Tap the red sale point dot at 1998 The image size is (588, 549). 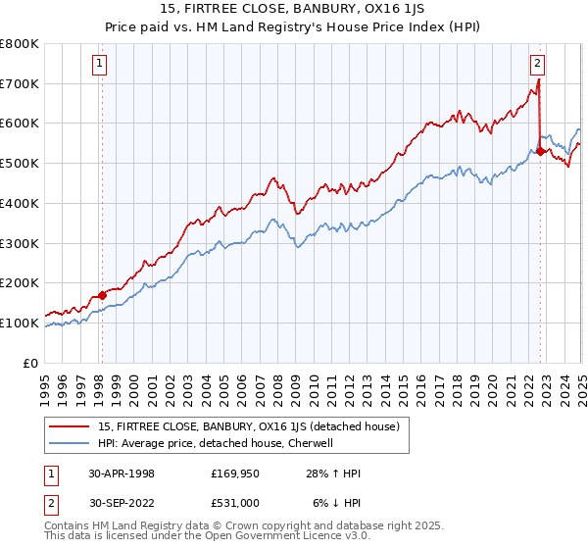point(102,294)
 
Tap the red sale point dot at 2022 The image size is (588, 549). point(540,151)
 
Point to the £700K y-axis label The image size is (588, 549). point(20,83)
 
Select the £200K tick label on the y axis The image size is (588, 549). point(20,282)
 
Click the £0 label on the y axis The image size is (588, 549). point(29,363)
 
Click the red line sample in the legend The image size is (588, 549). point(70,427)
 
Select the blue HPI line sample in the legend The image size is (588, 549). point(70,443)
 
